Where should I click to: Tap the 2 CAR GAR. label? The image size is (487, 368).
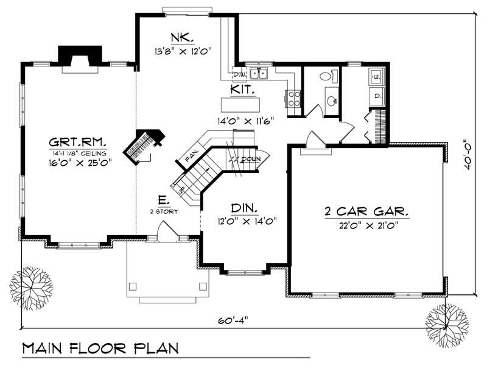tap(366, 213)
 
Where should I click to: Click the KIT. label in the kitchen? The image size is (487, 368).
tap(242, 90)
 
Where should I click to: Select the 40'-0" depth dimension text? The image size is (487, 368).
tap(468, 155)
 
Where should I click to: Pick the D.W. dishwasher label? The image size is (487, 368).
tap(239, 75)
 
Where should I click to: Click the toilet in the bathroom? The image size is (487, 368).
tap(326, 76)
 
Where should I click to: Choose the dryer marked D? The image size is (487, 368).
tap(376, 96)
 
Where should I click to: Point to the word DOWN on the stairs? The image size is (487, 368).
tap(250, 159)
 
